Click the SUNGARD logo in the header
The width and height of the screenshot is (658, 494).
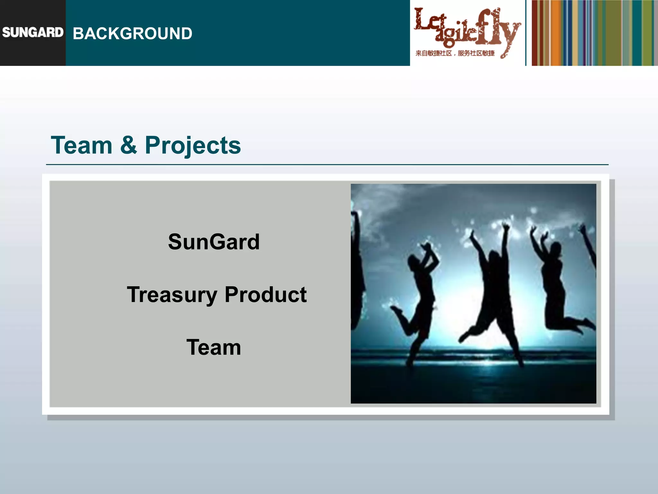point(33,32)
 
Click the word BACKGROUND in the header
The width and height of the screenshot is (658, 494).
point(132,33)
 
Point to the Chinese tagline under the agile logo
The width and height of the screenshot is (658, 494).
point(455,53)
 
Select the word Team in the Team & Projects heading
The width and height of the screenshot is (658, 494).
point(82,145)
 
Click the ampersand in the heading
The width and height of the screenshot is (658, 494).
point(129,145)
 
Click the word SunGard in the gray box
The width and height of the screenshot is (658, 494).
point(214,242)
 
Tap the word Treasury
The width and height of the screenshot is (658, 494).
point(172,295)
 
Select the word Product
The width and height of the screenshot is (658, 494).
point(266,295)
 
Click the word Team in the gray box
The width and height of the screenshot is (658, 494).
point(214,348)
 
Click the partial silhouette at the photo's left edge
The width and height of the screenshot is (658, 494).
point(357,273)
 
